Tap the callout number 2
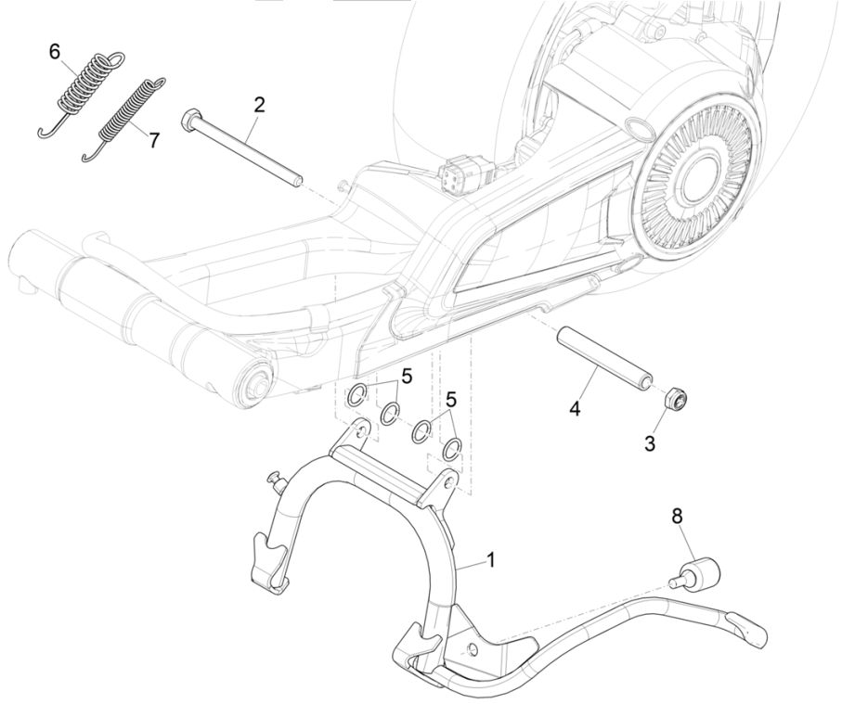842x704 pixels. [x=259, y=104]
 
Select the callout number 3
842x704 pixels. [x=650, y=444]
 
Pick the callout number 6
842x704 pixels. [x=55, y=52]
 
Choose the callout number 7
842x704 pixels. [x=154, y=140]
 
